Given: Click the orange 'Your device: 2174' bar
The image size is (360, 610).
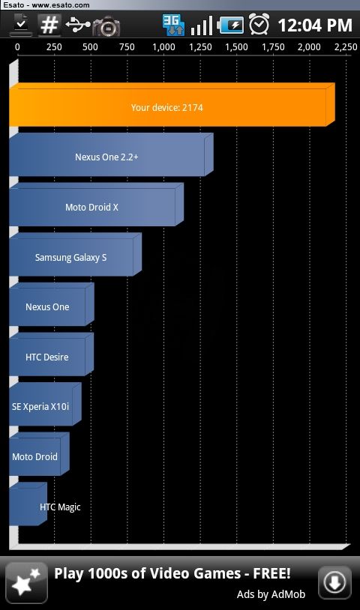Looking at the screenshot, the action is [172, 105].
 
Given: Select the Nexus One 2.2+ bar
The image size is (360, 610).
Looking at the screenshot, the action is [111, 155].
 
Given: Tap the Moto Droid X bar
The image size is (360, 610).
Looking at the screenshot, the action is [97, 205].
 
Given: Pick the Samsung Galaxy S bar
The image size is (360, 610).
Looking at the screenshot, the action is [76, 255].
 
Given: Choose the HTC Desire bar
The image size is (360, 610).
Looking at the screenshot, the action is [51, 354].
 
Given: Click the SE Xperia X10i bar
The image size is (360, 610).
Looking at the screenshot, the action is [45, 405].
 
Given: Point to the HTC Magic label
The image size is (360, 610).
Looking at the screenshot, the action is [60, 507].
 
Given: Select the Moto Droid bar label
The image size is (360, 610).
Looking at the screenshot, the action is [34, 456].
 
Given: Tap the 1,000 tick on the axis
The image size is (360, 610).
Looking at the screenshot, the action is [163, 47].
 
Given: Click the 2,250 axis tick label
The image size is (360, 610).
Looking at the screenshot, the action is [346, 47].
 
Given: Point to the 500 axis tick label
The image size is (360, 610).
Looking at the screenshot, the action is [90, 47].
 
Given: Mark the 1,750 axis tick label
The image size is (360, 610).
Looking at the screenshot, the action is [273, 47].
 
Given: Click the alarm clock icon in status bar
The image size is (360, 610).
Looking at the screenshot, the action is [259, 24].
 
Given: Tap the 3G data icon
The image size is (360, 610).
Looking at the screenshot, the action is [173, 25].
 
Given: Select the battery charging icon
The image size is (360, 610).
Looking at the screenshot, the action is [231, 25].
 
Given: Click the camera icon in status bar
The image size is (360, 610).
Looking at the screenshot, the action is [106, 26].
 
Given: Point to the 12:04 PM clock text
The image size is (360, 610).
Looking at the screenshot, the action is [315, 25].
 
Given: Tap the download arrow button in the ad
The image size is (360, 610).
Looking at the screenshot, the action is [334, 582].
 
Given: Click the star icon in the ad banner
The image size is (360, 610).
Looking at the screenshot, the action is [26, 583].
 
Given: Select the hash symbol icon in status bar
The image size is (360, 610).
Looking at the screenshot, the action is [49, 25].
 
